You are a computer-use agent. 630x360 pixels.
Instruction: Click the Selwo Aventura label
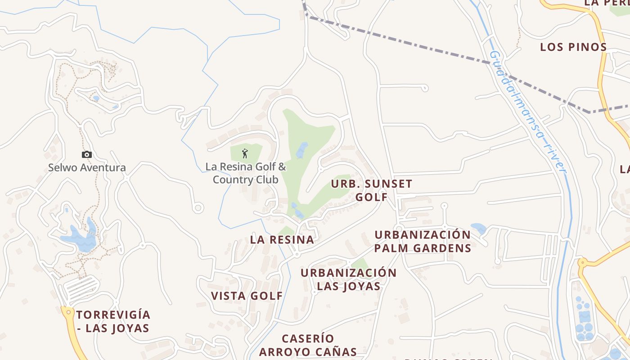[87, 168]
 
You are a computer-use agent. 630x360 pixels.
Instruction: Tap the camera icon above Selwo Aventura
[86, 155]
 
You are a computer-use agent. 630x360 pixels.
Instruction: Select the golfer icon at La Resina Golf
[245, 153]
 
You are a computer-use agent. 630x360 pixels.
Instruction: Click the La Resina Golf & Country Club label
[246, 173]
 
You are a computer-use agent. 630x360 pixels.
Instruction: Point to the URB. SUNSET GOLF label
[372, 190]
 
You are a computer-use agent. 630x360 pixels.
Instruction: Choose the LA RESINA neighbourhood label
[282, 240]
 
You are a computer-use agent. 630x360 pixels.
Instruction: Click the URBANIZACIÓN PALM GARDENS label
[423, 242]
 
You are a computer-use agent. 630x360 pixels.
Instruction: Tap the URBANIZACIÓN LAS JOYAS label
[349, 279]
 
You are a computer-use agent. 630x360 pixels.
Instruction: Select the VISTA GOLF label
[247, 296]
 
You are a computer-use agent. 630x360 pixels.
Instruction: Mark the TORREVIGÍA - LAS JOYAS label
[113, 321]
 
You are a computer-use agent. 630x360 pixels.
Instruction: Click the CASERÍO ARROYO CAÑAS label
[308, 345]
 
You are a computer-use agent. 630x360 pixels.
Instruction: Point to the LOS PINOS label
[573, 47]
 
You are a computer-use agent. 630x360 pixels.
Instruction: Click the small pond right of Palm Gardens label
[478, 228]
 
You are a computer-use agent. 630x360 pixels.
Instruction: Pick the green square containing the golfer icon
[246, 153]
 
